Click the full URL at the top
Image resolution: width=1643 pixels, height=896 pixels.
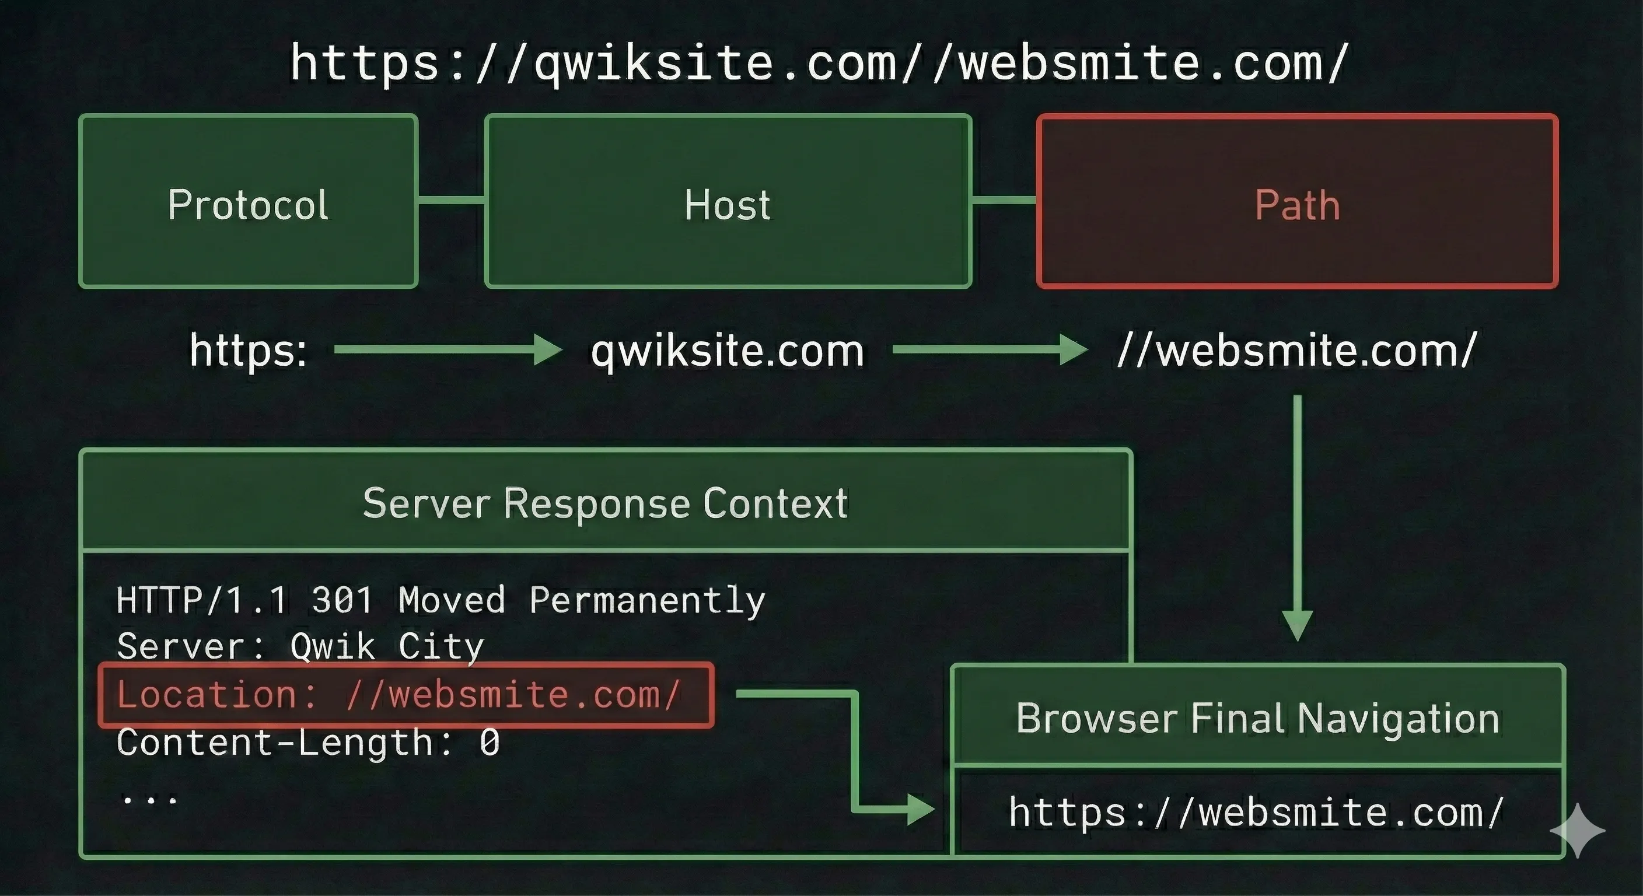coord(820,62)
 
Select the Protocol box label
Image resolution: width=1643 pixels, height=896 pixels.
coord(248,205)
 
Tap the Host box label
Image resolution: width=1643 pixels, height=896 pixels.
coord(728,205)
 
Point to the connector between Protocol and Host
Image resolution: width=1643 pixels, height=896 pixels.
coord(451,200)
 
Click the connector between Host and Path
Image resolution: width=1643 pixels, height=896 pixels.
coord(1004,200)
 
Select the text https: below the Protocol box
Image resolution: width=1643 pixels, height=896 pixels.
coord(248,351)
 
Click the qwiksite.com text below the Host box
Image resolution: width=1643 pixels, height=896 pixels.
coord(728,351)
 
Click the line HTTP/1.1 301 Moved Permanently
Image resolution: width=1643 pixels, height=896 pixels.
coord(441,600)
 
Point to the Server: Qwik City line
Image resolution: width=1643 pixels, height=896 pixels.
coord(300,647)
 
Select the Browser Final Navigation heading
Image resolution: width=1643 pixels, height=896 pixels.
coord(1258,718)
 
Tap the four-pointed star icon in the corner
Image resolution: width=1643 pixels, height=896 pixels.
coord(1577,829)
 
